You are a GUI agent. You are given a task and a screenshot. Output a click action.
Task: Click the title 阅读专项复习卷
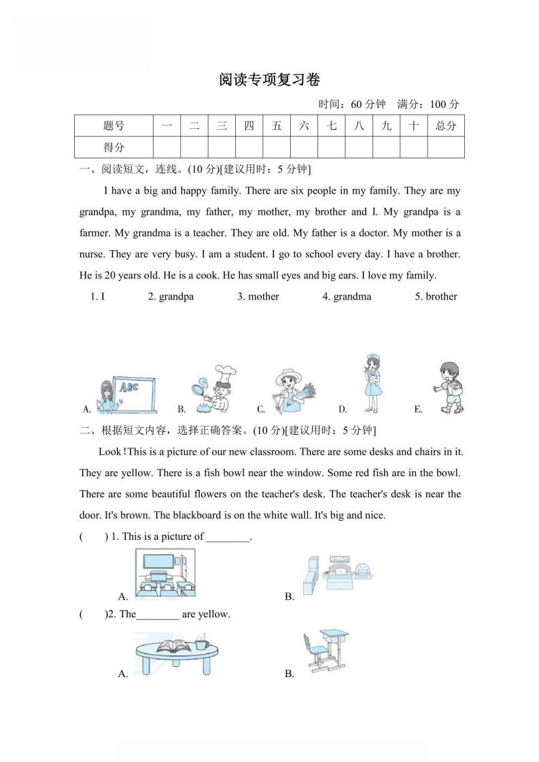(x=269, y=79)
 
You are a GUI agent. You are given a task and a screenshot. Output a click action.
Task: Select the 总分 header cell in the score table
(x=445, y=126)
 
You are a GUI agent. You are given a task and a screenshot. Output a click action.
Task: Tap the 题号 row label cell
(x=114, y=126)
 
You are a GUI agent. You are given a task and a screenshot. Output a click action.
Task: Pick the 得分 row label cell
(x=114, y=147)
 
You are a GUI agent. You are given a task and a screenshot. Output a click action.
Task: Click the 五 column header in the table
(x=276, y=126)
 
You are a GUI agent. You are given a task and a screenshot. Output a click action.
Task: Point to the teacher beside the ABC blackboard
(x=107, y=397)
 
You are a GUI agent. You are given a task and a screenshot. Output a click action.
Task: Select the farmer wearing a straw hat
(x=290, y=391)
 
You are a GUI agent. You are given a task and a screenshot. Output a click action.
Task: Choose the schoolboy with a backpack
(x=449, y=388)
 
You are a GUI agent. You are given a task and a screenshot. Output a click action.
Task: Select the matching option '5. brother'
(x=436, y=297)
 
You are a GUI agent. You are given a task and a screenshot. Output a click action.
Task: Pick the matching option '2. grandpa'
(x=171, y=297)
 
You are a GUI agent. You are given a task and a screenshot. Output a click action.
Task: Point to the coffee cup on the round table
(x=202, y=642)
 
